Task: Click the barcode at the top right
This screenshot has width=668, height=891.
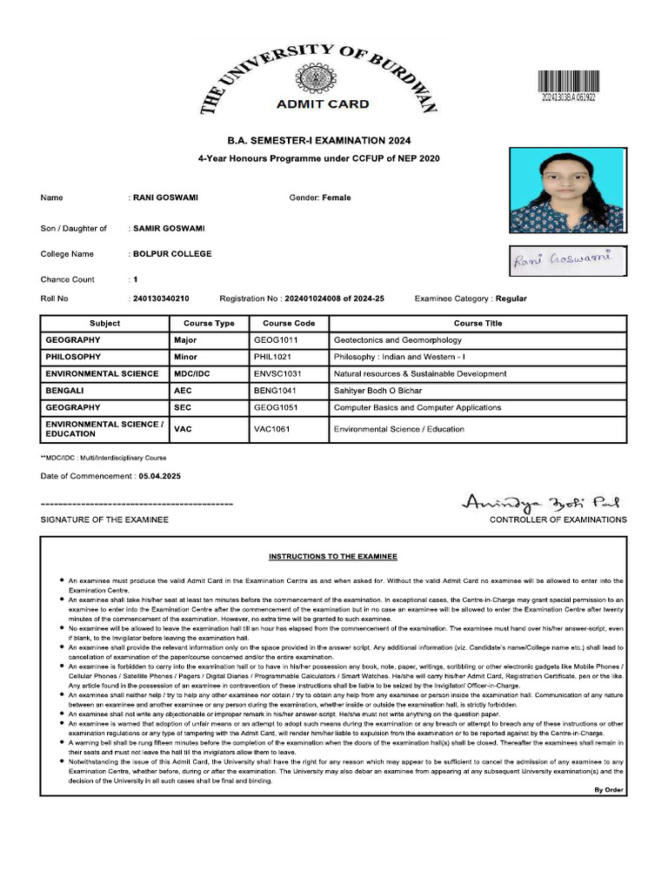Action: pos(574,84)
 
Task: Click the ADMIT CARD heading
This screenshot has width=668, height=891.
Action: pos(322,104)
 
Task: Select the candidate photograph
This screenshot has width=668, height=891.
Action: pos(566,191)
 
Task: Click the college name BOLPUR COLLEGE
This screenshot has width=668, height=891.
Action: pos(172,254)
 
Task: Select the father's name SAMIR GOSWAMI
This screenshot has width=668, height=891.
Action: pos(169,228)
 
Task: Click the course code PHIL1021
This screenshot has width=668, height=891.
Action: pos(273,357)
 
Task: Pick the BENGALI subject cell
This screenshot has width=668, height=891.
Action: pos(64,391)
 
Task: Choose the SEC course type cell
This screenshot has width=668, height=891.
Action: pos(184,407)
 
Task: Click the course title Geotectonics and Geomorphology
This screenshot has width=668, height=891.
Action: pos(397,340)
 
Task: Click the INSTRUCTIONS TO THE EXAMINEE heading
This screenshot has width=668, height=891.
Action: pos(333,556)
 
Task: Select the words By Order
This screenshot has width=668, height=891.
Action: pos(608,789)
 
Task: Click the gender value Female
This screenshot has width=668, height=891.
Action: pos(337,198)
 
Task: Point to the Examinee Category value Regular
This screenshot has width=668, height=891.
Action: pos(511,298)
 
